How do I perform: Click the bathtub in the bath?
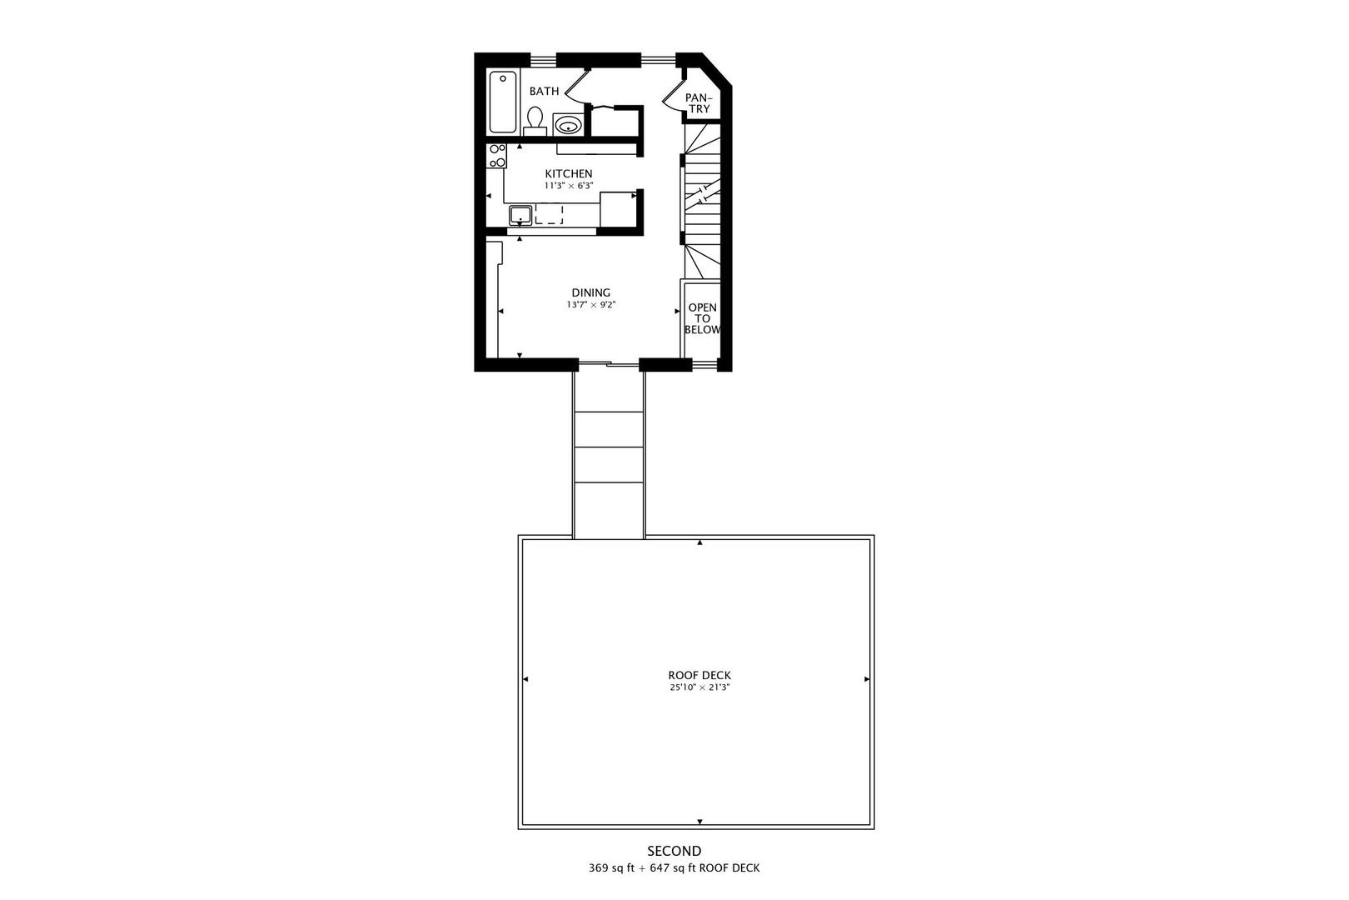[502, 102]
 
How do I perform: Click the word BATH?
[544, 92]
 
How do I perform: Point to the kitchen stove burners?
[496, 156]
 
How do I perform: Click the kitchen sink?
[520, 215]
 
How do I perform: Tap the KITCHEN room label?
[569, 174]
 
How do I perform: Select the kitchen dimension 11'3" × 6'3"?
[569, 186]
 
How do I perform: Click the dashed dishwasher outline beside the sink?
[549, 215]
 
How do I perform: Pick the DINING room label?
[590, 292]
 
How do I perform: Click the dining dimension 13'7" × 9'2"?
[590, 305]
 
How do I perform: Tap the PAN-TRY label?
[699, 103]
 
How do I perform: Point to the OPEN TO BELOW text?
[702, 318]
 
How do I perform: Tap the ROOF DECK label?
[699, 675]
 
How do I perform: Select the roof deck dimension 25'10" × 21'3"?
[699, 687]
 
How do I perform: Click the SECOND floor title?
[674, 851]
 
